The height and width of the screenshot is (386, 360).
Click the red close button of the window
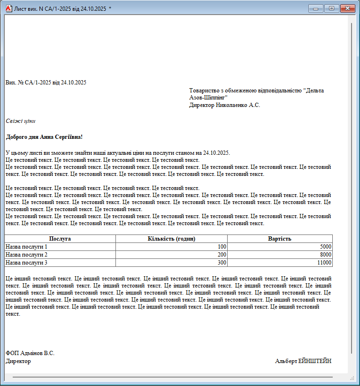pyautogui.click(x=348, y=8)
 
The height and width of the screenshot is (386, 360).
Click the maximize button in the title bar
pyautogui.click(x=331, y=8)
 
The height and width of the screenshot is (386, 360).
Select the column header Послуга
pyautogui.click(x=60, y=239)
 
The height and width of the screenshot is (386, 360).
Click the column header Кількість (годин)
pyautogui.click(x=171, y=239)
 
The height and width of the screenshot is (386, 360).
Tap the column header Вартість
pyautogui.click(x=280, y=239)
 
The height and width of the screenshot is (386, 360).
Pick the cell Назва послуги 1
pyautogui.click(x=27, y=246)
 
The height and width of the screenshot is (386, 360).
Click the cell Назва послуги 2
pyautogui.click(x=27, y=255)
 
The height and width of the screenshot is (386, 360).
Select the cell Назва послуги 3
pyautogui.click(x=27, y=263)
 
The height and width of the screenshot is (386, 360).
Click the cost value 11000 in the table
pyautogui.click(x=324, y=263)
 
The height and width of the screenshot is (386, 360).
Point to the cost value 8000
pyautogui.click(x=325, y=255)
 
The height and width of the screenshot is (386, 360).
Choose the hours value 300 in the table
pyautogui.click(x=222, y=263)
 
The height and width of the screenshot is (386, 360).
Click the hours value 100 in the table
pyautogui.click(x=222, y=246)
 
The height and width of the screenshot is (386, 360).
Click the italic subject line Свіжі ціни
pyautogui.click(x=21, y=121)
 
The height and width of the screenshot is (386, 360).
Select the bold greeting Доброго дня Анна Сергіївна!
pyautogui.click(x=44, y=137)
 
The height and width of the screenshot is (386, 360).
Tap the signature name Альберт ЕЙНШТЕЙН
pyautogui.click(x=303, y=361)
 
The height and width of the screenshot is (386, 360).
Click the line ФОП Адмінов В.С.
pyautogui.click(x=30, y=353)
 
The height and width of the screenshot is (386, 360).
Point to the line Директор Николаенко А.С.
pyautogui.click(x=224, y=105)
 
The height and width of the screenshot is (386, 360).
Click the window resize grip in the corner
pyautogui.click(x=352, y=378)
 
